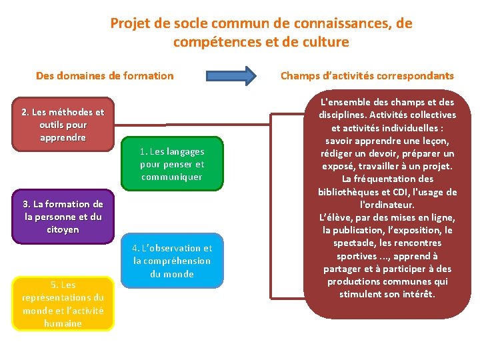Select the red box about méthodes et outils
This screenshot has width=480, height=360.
coord(63,125)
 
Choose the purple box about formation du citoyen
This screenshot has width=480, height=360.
coord(63,217)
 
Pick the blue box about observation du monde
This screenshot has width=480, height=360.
coord(172,261)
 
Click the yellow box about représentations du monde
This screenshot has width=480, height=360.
coord(63,304)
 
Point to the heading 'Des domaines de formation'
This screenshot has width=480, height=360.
coord(105,75)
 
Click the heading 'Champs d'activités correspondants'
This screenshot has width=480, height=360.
coord(367,75)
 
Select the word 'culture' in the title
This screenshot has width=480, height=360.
coord(325,42)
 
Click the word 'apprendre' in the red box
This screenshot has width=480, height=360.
coord(63,137)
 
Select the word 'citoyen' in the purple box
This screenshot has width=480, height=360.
coord(63,229)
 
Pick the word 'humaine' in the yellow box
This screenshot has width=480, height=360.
coord(63,323)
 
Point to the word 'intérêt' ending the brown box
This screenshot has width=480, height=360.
coord(416,293)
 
